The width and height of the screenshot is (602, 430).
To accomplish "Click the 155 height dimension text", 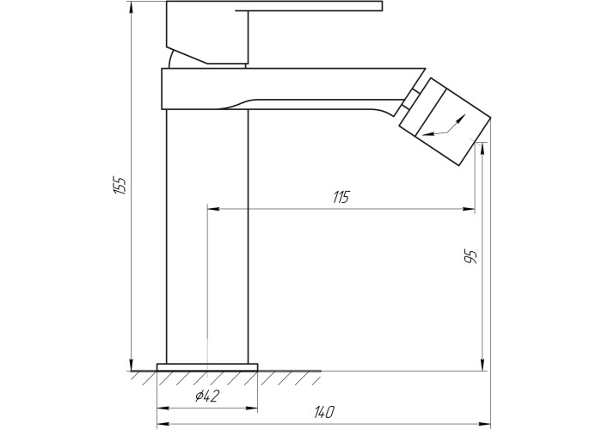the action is point(120,186).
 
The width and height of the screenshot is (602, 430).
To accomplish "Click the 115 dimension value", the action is point(341,197).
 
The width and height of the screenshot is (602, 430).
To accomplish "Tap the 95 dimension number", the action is point(470,256).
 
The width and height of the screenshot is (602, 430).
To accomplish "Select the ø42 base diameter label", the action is point(207,396).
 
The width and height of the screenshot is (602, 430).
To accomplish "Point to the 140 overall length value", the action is point(324,412).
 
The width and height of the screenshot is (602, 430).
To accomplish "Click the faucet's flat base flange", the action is point(207,367).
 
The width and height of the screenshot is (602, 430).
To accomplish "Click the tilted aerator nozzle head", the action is point(445,122).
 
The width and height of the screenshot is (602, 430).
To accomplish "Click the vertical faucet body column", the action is point(207,236).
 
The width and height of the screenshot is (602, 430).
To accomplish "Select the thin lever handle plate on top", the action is point(309,6).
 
